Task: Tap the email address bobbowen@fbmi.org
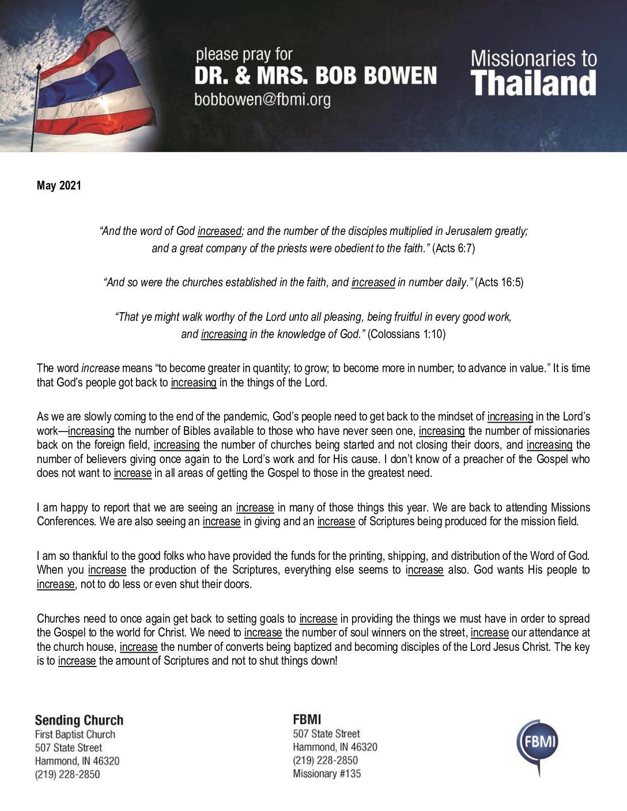point(262,100)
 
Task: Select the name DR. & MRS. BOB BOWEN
point(315,75)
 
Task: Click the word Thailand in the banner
point(534,83)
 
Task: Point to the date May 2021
point(59,185)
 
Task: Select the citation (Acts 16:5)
point(499,282)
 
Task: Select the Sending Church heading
point(79,720)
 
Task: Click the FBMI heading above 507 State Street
point(307,719)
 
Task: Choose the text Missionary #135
point(327,774)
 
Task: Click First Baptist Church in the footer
point(75,734)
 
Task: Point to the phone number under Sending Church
point(67,774)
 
